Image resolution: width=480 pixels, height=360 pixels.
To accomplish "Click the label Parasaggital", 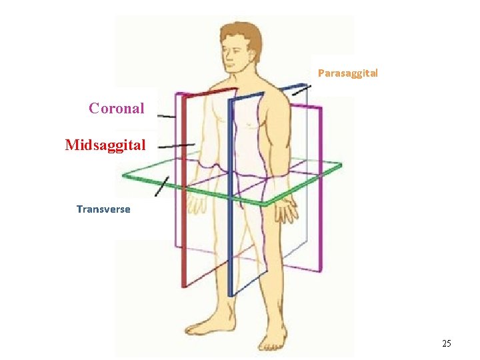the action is tap(347, 73).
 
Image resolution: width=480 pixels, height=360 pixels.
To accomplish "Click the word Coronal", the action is tap(117, 108).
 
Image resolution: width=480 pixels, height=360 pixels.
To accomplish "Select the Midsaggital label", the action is tap(105, 145).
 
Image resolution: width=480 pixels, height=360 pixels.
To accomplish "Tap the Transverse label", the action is tap(103, 209).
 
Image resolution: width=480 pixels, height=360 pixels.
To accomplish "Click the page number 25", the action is tap(446, 343).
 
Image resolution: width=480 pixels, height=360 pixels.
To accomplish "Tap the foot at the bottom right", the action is tap(273, 340).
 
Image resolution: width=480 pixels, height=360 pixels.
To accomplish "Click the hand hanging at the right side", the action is tap(287, 209).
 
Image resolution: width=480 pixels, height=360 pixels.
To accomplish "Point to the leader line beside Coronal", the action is tap(167, 117).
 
